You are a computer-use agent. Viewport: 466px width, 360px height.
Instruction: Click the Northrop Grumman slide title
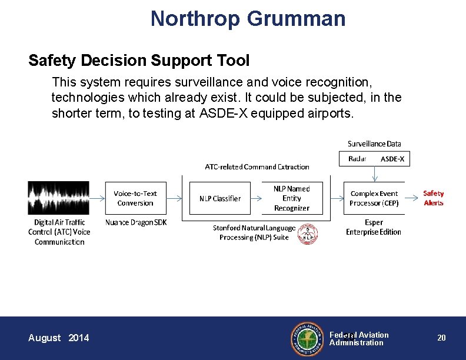pyautogui.click(x=248, y=18)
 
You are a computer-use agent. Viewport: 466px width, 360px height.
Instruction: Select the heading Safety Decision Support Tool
pyautogui.click(x=139, y=61)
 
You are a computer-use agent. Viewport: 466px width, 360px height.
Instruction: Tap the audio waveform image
pyautogui.click(x=59, y=198)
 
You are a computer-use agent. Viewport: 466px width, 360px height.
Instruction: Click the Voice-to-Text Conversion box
pyautogui.click(x=135, y=198)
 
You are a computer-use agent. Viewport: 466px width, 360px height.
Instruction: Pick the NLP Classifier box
pyautogui.click(x=219, y=198)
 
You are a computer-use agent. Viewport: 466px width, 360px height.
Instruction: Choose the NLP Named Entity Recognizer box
pyautogui.click(x=291, y=198)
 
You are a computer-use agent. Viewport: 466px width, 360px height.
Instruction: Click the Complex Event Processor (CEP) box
pyautogui.click(x=374, y=198)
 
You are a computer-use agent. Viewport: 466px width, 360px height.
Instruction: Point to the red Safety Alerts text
pyautogui.click(x=434, y=198)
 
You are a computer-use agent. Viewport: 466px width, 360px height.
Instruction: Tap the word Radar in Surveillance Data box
pyautogui.click(x=357, y=159)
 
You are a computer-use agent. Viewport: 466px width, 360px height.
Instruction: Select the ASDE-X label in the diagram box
pyautogui.click(x=392, y=159)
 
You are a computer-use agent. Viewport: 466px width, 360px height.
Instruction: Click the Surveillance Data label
pyautogui.click(x=374, y=144)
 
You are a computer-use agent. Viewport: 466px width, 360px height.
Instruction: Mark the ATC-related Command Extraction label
pyautogui.click(x=257, y=167)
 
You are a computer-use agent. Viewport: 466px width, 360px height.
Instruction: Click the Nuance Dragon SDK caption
pyautogui.click(x=136, y=222)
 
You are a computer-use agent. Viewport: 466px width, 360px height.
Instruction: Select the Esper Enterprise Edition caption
pyautogui.click(x=374, y=227)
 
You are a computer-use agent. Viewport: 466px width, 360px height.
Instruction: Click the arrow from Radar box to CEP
pyautogui.click(x=374, y=174)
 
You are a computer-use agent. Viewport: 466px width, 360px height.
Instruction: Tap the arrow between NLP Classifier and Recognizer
pyautogui.click(x=255, y=198)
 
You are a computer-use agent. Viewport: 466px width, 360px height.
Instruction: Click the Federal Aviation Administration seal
pyautogui.click(x=307, y=338)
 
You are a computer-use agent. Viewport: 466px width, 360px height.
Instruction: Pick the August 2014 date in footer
pyautogui.click(x=59, y=338)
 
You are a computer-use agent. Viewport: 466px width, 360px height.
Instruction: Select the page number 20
pyautogui.click(x=441, y=338)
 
